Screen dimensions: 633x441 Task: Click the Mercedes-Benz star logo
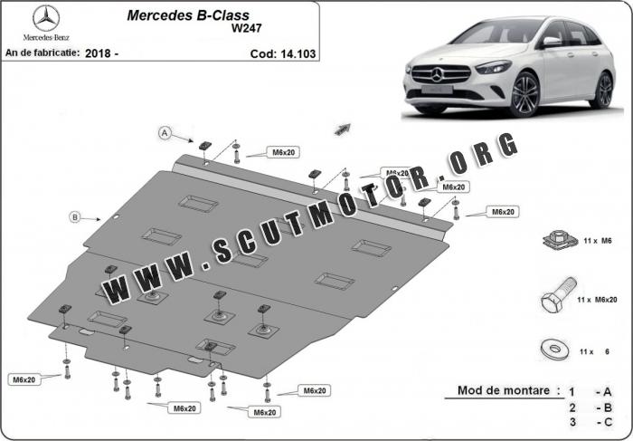click(x=46, y=18)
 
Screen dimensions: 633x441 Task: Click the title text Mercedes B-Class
click(x=188, y=15)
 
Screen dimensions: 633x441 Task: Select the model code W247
click(x=246, y=28)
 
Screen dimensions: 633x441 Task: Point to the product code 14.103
click(x=298, y=53)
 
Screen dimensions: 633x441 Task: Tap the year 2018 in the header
click(x=98, y=53)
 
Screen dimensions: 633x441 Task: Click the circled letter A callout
click(x=165, y=132)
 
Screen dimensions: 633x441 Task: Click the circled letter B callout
click(x=75, y=217)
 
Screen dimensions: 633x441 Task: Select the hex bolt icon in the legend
click(x=558, y=294)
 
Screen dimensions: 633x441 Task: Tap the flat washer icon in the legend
click(x=554, y=349)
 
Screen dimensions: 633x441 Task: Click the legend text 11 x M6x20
click(x=597, y=300)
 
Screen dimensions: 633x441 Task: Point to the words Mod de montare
click(x=504, y=390)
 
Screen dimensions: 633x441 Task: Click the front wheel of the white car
click(x=524, y=95)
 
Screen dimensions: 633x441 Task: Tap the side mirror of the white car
click(x=552, y=42)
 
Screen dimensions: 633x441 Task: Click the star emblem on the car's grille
click(x=437, y=74)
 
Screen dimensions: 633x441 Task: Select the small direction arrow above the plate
click(x=343, y=129)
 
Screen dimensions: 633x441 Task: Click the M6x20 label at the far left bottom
click(x=24, y=379)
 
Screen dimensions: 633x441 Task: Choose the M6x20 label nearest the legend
click(x=503, y=211)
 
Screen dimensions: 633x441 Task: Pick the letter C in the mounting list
click(x=608, y=422)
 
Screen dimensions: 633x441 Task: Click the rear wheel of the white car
click(x=605, y=91)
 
